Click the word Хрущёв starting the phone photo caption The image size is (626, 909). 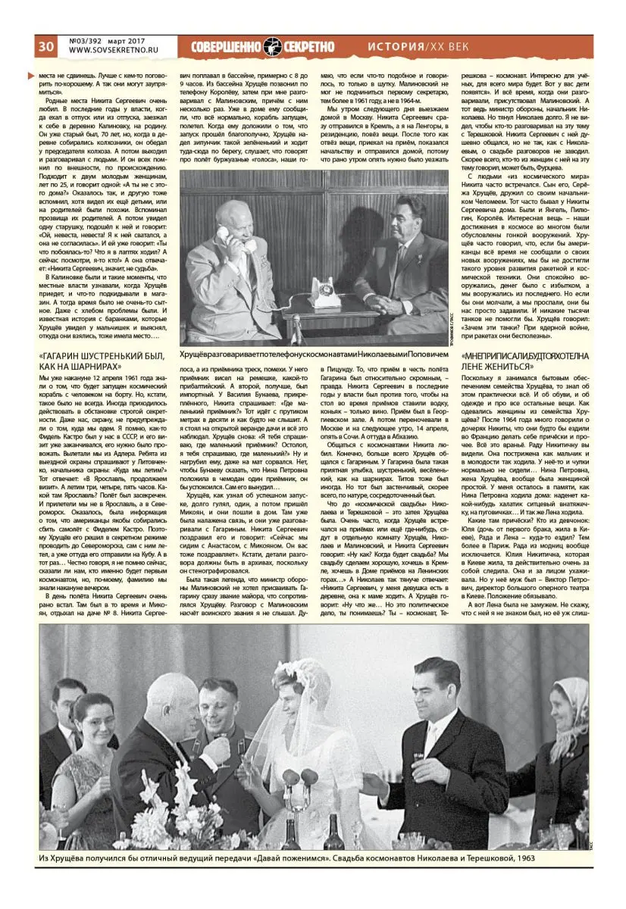click(196, 354)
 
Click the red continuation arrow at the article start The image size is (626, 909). click(30, 76)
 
